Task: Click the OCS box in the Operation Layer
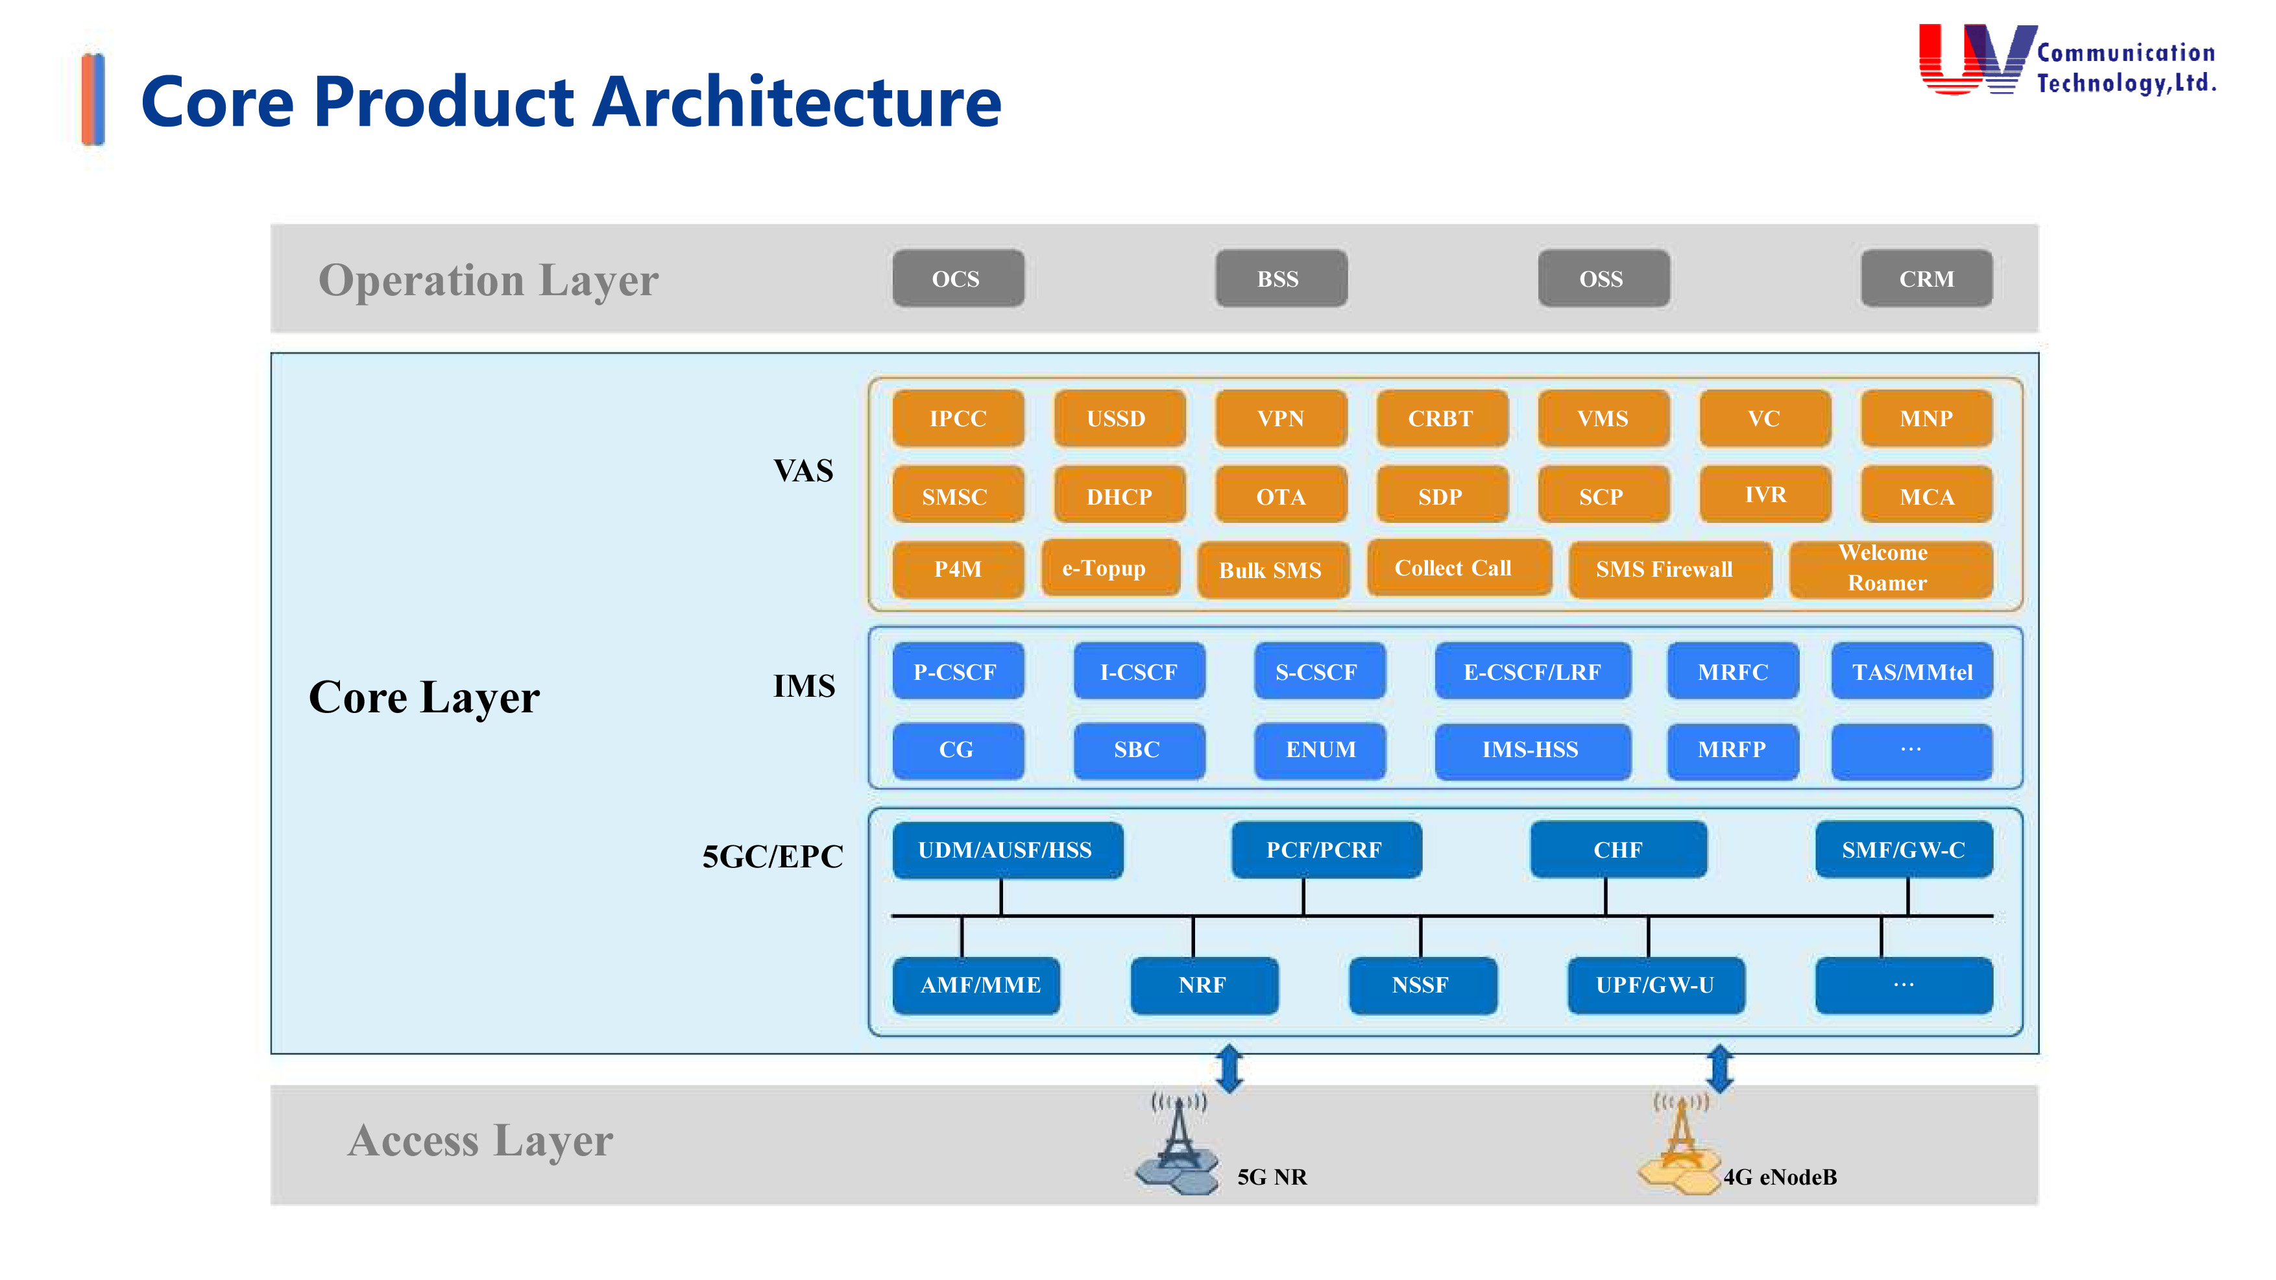958,279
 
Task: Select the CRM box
1926,279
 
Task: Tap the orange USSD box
1119,418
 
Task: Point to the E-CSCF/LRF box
1532,672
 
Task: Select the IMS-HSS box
1532,750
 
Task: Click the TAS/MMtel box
1912,672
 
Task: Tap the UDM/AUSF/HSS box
1007,850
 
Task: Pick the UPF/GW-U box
1656,985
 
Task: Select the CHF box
1617,850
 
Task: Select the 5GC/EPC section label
772,856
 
